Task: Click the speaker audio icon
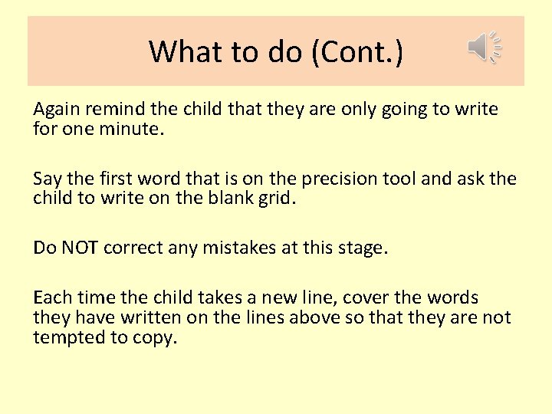484,48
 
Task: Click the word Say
46,179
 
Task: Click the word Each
51,298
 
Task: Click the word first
121,179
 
